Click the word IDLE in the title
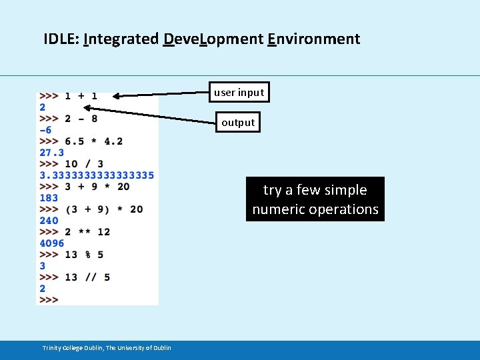(61, 39)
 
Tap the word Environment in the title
(313, 39)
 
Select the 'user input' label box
(239, 93)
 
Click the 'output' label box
(238, 123)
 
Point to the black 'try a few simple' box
(315, 199)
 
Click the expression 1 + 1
(81, 96)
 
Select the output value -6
(45, 130)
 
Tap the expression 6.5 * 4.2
(93, 141)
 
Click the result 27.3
(51, 153)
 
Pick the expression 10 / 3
(84, 164)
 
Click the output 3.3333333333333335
(97, 175)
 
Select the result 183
(49, 198)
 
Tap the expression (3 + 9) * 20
(103, 209)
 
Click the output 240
(49, 221)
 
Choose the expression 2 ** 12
(87, 232)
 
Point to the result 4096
(52, 243)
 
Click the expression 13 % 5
(84, 255)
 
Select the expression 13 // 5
(87, 277)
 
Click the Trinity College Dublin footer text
(107, 348)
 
